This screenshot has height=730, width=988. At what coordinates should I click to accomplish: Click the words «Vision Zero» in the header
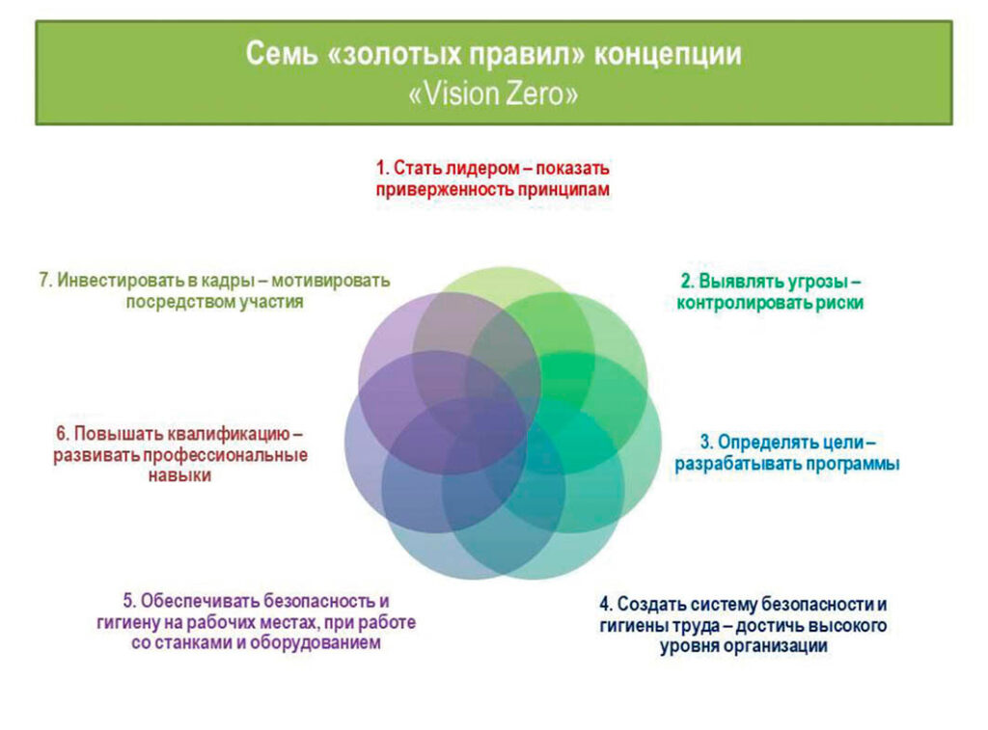(493, 94)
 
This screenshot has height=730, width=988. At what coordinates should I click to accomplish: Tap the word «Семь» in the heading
(282, 54)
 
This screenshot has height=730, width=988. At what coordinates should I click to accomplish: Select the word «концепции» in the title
(668, 55)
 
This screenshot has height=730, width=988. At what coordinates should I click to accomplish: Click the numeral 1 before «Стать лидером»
(380, 168)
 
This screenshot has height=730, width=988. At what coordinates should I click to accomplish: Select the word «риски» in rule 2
(840, 303)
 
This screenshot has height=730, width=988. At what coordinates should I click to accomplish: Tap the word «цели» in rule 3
(838, 443)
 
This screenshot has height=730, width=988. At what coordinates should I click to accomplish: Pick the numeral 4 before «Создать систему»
(605, 604)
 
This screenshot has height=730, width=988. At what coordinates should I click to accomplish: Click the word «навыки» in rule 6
(179, 475)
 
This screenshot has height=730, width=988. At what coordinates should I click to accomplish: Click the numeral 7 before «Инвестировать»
(43, 281)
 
